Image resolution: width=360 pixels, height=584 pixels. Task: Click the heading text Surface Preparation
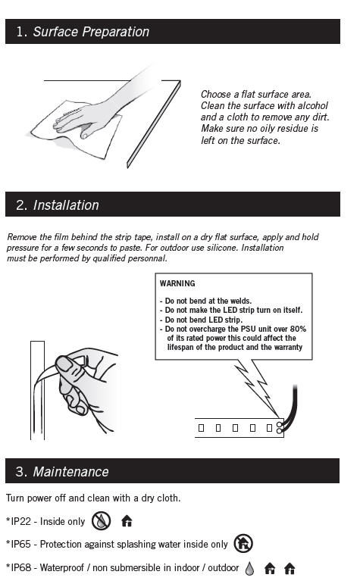(x=91, y=32)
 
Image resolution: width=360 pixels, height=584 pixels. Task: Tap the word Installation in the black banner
(x=66, y=205)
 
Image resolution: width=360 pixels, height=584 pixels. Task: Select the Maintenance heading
(x=70, y=472)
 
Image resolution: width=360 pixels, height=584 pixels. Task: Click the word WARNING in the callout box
(x=177, y=283)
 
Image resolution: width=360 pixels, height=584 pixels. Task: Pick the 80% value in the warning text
(x=298, y=329)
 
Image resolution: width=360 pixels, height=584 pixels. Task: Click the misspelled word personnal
(x=147, y=258)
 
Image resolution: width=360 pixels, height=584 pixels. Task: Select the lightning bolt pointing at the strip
(x=256, y=388)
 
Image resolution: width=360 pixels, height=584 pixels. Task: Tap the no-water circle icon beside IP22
(x=101, y=520)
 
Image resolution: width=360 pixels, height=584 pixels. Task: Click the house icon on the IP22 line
(x=127, y=521)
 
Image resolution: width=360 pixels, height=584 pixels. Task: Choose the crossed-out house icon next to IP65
(x=243, y=543)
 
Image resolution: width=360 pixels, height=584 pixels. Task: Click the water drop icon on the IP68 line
(x=249, y=568)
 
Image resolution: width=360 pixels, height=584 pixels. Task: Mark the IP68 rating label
(x=21, y=567)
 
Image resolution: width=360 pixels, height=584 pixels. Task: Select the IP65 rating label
(x=21, y=544)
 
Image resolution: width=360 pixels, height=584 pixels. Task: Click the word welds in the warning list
(x=240, y=301)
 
